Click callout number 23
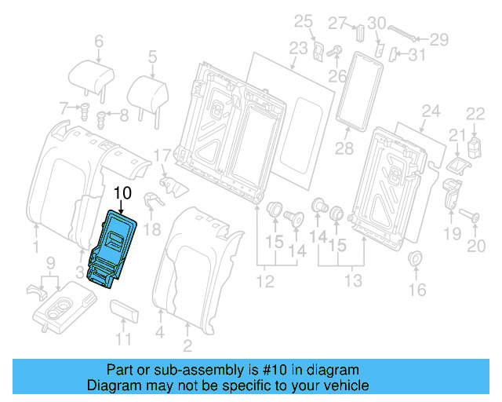tap(298, 48)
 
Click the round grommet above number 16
tap(417, 259)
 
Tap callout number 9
tap(49, 261)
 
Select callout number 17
tap(161, 155)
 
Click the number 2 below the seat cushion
tap(187, 345)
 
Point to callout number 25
tap(303, 20)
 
